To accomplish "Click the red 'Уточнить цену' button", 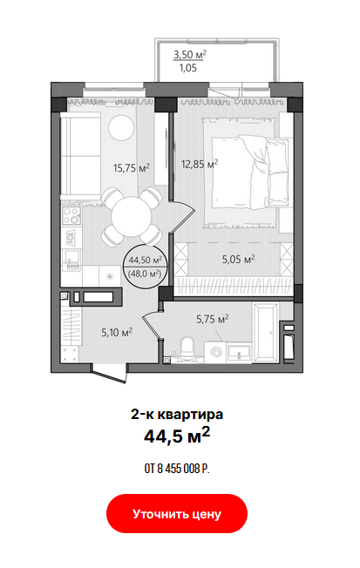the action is point(177,513).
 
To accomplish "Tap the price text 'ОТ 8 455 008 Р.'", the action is point(177,469).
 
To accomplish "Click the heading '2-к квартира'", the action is point(177,414).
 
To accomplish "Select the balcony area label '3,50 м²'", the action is point(190,55).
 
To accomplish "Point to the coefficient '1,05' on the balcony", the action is point(187,68).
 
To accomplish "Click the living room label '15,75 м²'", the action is point(132,168).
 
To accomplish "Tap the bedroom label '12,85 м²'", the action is point(200,164).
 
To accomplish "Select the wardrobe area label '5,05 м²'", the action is point(238,259).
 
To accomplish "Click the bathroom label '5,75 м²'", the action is point(212,319).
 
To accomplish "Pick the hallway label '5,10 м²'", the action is point(117,332).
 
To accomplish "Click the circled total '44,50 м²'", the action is point(145,260).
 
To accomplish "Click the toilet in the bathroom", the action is point(187,347).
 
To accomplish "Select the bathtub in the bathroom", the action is point(266,333).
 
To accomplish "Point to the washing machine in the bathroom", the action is point(215,353).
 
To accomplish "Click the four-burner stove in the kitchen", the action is point(71,215).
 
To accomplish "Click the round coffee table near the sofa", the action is point(121,127).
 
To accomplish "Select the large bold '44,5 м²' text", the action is point(177,436).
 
